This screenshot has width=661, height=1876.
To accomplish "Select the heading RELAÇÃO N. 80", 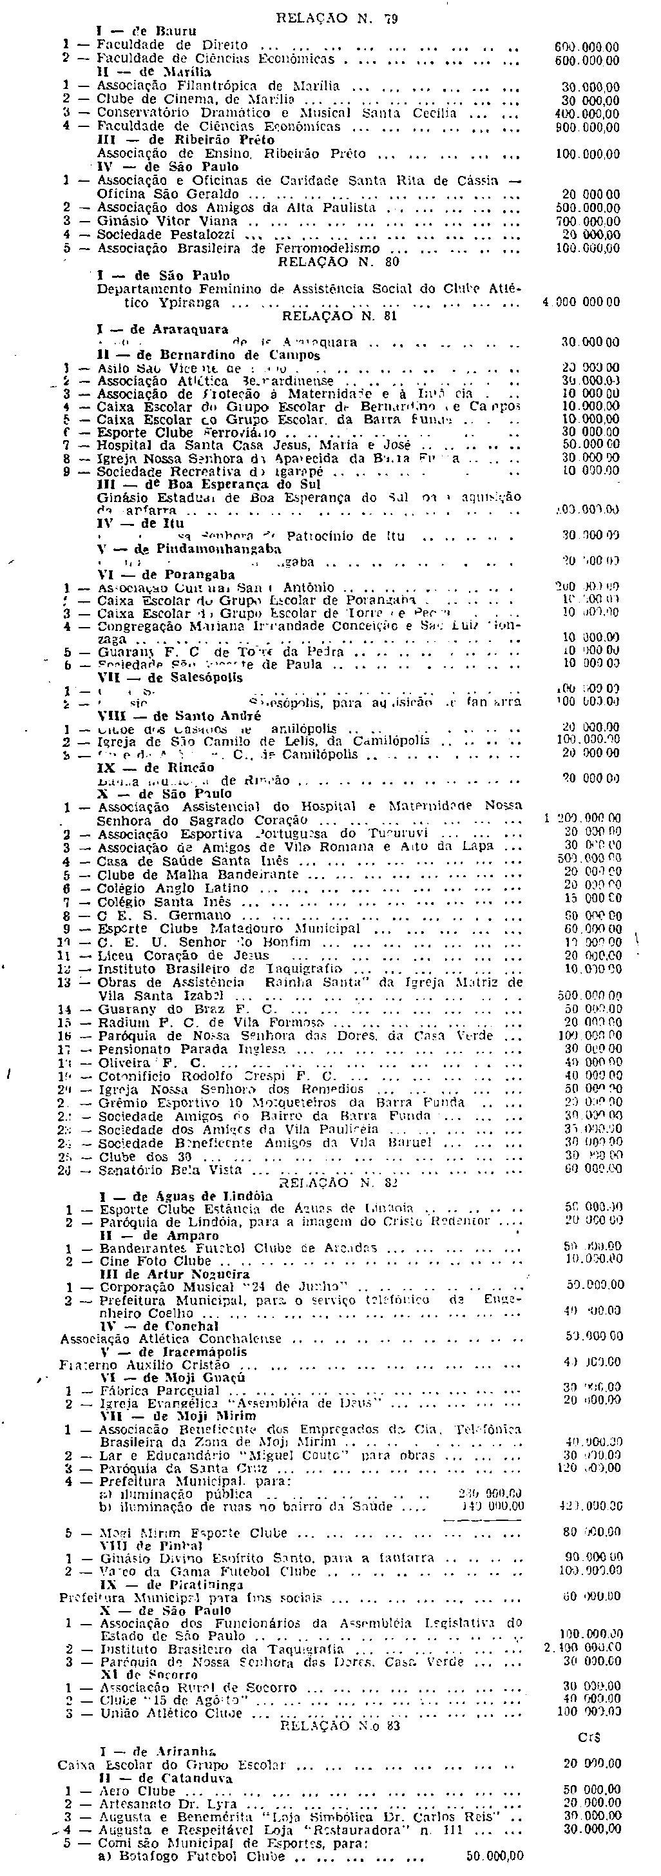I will pyautogui.click(x=329, y=262).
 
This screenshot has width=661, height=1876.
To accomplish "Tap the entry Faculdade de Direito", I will pyautogui.click(x=173, y=45).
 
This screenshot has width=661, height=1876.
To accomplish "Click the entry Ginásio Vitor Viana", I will pyautogui.click(x=168, y=220).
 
